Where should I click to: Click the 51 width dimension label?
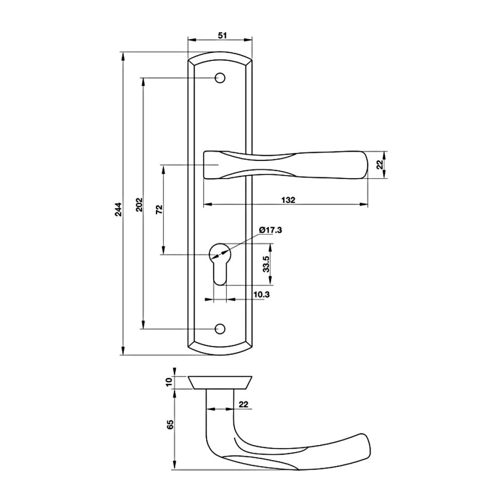(x=222, y=35)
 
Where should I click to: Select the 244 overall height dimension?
(x=119, y=209)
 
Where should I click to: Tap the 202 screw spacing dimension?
(x=139, y=204)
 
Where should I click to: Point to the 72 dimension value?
(x=159, y=209)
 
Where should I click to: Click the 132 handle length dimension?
(x=288, y=200)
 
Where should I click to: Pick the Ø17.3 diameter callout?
(x=271, y=230)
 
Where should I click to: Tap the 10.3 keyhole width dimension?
(x=262, y=294)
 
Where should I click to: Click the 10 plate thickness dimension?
(x=169, y=382)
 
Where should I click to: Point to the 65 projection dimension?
(x=170, y=424)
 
